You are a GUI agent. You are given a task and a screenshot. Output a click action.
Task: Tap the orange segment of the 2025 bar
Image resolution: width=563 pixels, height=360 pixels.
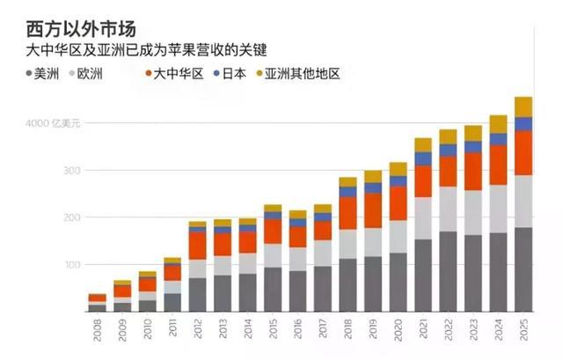523,152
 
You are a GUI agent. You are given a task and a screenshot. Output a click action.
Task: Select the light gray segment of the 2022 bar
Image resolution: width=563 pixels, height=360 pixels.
449,209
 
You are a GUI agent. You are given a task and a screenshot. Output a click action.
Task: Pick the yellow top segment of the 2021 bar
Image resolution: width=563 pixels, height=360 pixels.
423,144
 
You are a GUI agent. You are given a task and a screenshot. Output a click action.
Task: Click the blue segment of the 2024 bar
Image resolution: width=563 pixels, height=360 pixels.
499,139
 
